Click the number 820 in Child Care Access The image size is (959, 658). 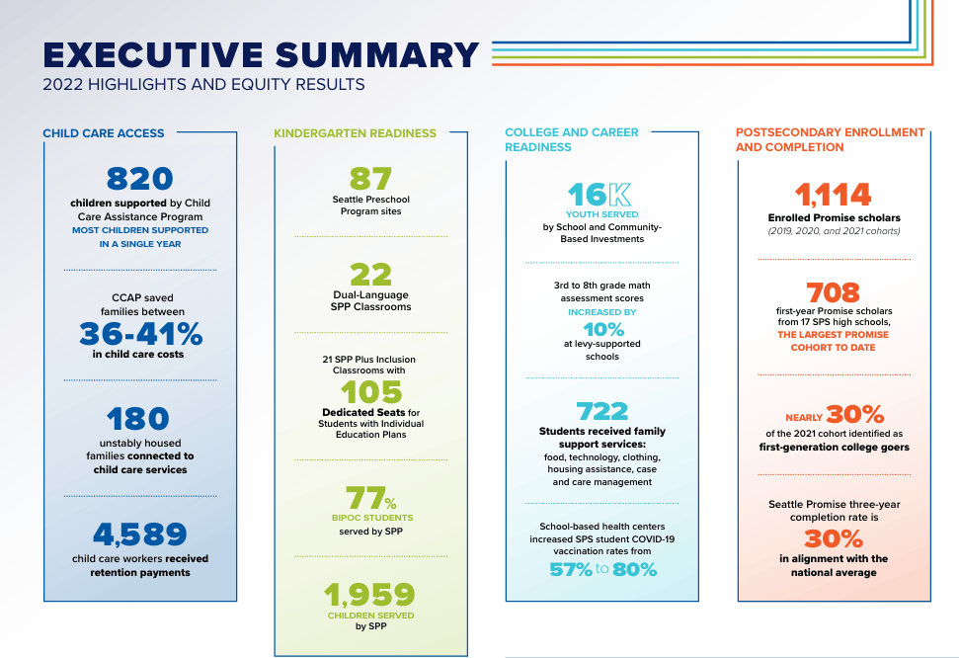[139, 179]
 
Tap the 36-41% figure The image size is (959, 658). [140, 334]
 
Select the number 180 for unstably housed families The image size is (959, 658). [137, 419]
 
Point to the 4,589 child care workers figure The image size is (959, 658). [139, 535]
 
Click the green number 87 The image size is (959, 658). [370, 179]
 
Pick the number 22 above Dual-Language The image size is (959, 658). [370, 275]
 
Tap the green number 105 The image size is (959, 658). [371, 392]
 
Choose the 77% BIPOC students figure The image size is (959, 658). [370, 498]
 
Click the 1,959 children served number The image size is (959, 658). [369, 595]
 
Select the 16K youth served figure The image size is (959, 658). [599, 196]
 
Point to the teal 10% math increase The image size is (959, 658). [603, 330]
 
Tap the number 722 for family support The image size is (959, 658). [601, 411]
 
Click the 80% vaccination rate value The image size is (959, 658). [634, 570]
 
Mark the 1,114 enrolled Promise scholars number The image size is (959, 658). [833, 196]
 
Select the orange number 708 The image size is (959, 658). [833, 292]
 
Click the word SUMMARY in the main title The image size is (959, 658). [376, 55]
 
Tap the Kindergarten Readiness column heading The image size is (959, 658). [355, 133]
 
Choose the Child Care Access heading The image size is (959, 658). [104, 133]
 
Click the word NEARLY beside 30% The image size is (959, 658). [804, 418]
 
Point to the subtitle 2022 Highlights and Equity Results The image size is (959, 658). [203, 84]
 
